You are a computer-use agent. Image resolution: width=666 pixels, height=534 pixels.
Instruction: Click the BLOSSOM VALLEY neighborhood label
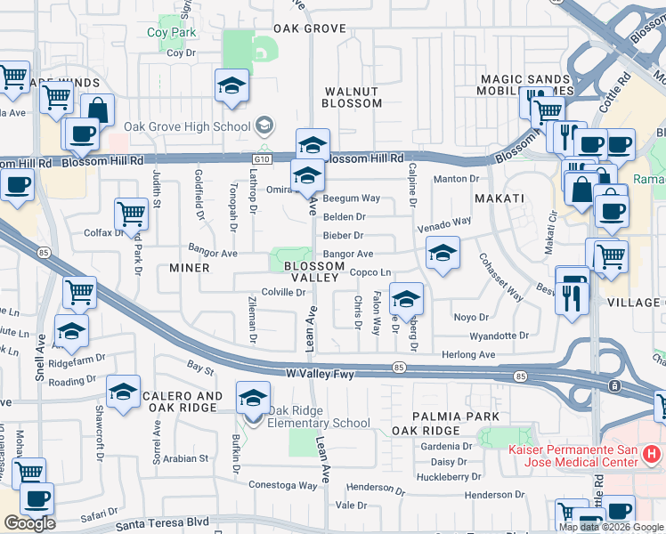click(312, 271)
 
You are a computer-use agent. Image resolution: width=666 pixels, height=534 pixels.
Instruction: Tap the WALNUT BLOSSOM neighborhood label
click(353, 97)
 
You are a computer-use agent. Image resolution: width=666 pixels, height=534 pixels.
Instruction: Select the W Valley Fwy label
click(320, 375)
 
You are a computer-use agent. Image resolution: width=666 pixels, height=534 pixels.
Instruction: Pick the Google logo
click(29, 523)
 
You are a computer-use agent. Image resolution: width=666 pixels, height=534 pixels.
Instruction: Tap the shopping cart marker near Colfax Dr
click(131, 214)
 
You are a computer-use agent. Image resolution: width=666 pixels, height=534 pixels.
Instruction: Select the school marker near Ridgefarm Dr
click(71, 333)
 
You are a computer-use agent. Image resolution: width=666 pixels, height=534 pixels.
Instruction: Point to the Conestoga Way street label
click(282, 486)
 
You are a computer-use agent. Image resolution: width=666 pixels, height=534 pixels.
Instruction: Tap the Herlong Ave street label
click(467, 354)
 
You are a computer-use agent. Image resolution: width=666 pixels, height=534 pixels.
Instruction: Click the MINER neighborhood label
click(189, 268)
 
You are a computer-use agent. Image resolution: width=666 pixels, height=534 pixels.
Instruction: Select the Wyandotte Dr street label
click(499, 336)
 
